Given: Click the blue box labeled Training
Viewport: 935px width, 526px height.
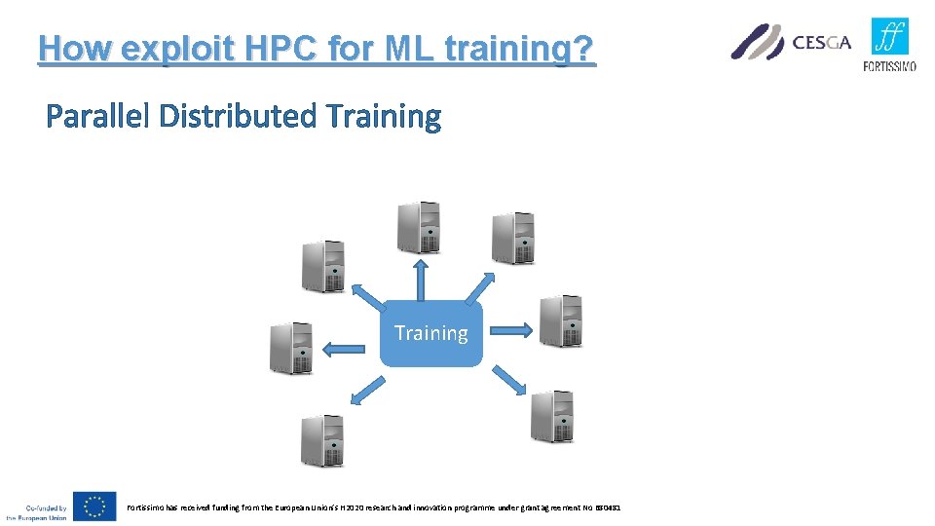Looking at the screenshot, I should (x=430, y=333).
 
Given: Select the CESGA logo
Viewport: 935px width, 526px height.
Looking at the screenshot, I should (x=791, y=42).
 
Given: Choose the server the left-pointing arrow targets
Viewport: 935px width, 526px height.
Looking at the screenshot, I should (x=291, y=348).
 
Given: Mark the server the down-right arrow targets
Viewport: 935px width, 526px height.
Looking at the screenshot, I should (x=551, y=416).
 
